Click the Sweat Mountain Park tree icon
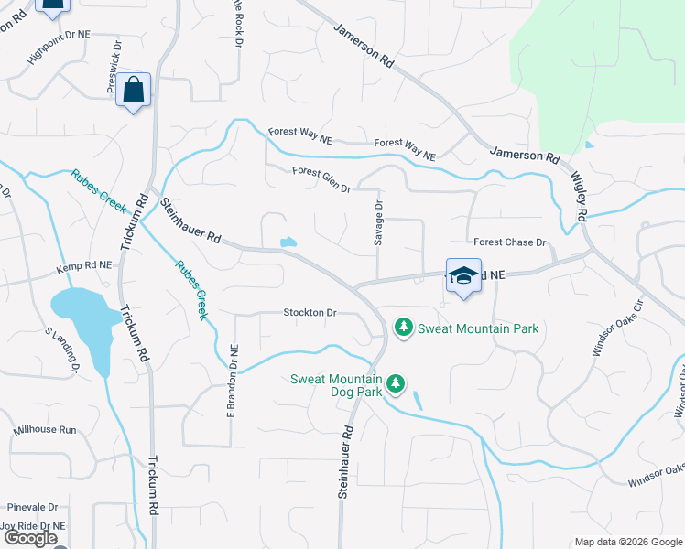[x=402, y=327]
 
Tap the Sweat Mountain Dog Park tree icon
[x=396, y=384]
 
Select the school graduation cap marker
[x=463, y=275]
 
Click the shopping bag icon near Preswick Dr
[x=134, y=91]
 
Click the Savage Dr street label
[x=377, y=223]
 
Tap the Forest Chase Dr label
[x=509, y=242]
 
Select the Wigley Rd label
[x=578, y=196]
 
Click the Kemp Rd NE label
[x=83, y=265]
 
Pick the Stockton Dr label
[x=310, y=313]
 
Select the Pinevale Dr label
[x=32, y=506]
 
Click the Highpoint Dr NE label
[x=60, y=44]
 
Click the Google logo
[x=29, y=538]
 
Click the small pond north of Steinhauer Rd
[x=288, y=242]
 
